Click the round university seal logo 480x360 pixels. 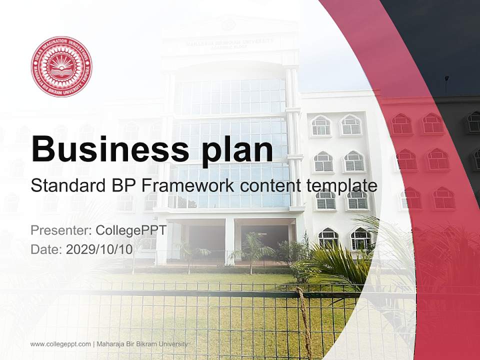coord(61,66)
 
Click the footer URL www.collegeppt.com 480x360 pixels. coord(60,344)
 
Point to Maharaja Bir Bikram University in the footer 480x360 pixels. coord(142,344)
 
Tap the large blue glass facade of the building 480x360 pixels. coord(230,115)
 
